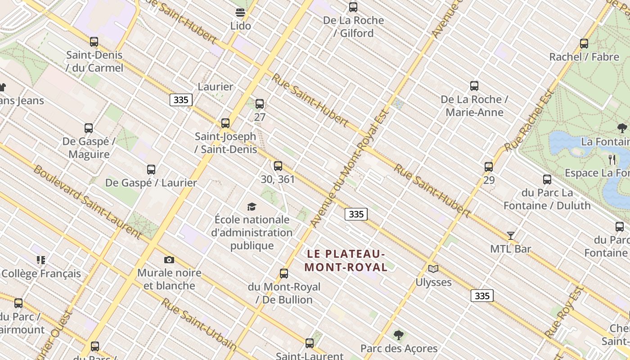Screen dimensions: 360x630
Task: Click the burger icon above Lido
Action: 240,12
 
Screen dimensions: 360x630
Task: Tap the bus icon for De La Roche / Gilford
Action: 353,7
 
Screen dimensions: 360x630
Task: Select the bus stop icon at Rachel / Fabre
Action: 584,44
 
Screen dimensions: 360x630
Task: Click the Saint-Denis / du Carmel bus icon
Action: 94,42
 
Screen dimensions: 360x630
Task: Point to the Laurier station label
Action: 216,87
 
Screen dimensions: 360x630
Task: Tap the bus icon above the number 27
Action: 260,104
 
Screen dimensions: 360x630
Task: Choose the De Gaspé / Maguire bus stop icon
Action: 89,128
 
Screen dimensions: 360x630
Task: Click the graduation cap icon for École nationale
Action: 252,207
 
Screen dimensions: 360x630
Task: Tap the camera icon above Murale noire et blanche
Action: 169,260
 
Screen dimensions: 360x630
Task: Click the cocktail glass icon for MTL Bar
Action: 511,235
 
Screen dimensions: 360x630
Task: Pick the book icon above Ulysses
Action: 433,269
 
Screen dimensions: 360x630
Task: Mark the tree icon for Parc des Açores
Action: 398,335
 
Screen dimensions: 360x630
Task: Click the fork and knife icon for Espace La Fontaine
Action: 612,159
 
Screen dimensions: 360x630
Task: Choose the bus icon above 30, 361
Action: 278,166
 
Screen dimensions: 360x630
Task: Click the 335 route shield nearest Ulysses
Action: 482,296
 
